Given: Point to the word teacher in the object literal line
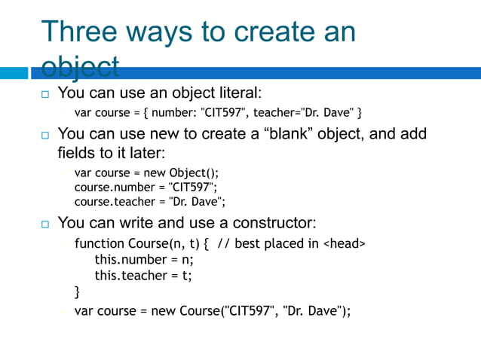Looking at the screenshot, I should click(274, 114).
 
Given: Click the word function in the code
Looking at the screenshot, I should click(100, 244).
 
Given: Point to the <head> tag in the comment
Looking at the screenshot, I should click(345, 244).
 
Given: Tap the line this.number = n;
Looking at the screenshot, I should click(143, 260).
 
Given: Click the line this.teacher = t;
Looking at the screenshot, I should click(143, 276).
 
